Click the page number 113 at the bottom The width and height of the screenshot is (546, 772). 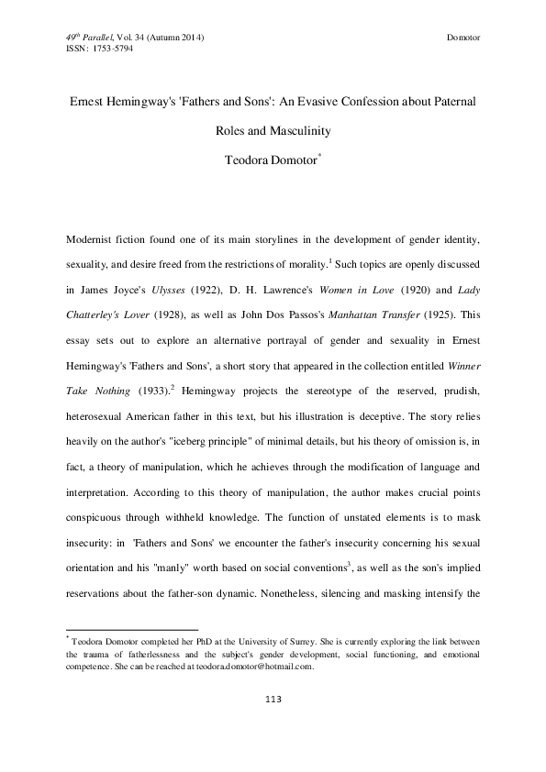(x=273, y=700)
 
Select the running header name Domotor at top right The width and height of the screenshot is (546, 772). (x=463, y=37)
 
